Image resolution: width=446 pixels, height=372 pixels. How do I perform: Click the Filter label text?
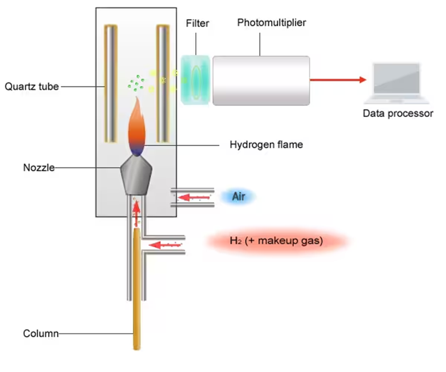pos(197,23)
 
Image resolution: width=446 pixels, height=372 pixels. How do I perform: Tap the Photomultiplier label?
pos(271,23)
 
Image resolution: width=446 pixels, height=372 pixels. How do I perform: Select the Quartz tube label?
pos(32,87)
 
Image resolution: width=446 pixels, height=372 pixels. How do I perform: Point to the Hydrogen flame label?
pos(266,145)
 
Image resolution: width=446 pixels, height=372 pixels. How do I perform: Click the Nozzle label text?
pos(39,167)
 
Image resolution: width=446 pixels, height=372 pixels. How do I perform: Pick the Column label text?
pos(41,333)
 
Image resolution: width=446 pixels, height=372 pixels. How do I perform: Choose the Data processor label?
pos(398,113)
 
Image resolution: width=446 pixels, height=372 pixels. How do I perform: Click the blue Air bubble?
pos(238,196)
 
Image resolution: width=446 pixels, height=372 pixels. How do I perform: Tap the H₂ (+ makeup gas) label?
pos(276,241)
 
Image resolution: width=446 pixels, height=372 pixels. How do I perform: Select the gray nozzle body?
pos(136,175)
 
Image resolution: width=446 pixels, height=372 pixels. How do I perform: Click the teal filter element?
pos(196,80)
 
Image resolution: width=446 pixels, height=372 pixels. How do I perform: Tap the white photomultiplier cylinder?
pos(261,81)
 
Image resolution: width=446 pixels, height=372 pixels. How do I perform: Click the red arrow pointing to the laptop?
pos(338,80)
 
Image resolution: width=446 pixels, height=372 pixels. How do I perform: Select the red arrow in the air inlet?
pos(194,197)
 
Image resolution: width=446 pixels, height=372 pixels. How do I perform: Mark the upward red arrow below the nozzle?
pos(137,214)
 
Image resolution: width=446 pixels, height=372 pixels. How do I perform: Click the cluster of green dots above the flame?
pos(136,83)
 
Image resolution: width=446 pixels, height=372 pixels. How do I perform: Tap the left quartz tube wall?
pos(111,84)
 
